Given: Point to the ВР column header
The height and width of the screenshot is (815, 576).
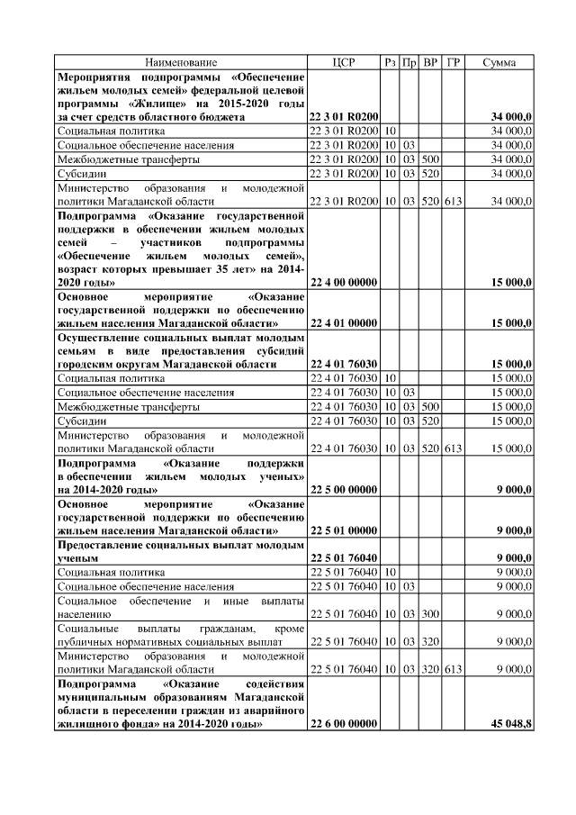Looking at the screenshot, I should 430,62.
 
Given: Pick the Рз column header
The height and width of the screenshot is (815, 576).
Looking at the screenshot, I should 390,62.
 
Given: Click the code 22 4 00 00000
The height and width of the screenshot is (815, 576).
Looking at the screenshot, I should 342,282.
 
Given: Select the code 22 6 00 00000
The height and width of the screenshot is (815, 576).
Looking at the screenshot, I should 342,724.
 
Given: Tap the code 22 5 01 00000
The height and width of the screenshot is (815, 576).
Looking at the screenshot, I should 342,531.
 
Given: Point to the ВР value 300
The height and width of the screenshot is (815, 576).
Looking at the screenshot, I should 430,614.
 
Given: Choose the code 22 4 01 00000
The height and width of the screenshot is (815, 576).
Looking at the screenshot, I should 342,321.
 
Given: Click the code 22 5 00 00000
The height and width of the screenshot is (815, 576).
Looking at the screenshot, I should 342,489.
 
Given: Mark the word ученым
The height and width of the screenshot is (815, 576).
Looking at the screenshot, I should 77,558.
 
